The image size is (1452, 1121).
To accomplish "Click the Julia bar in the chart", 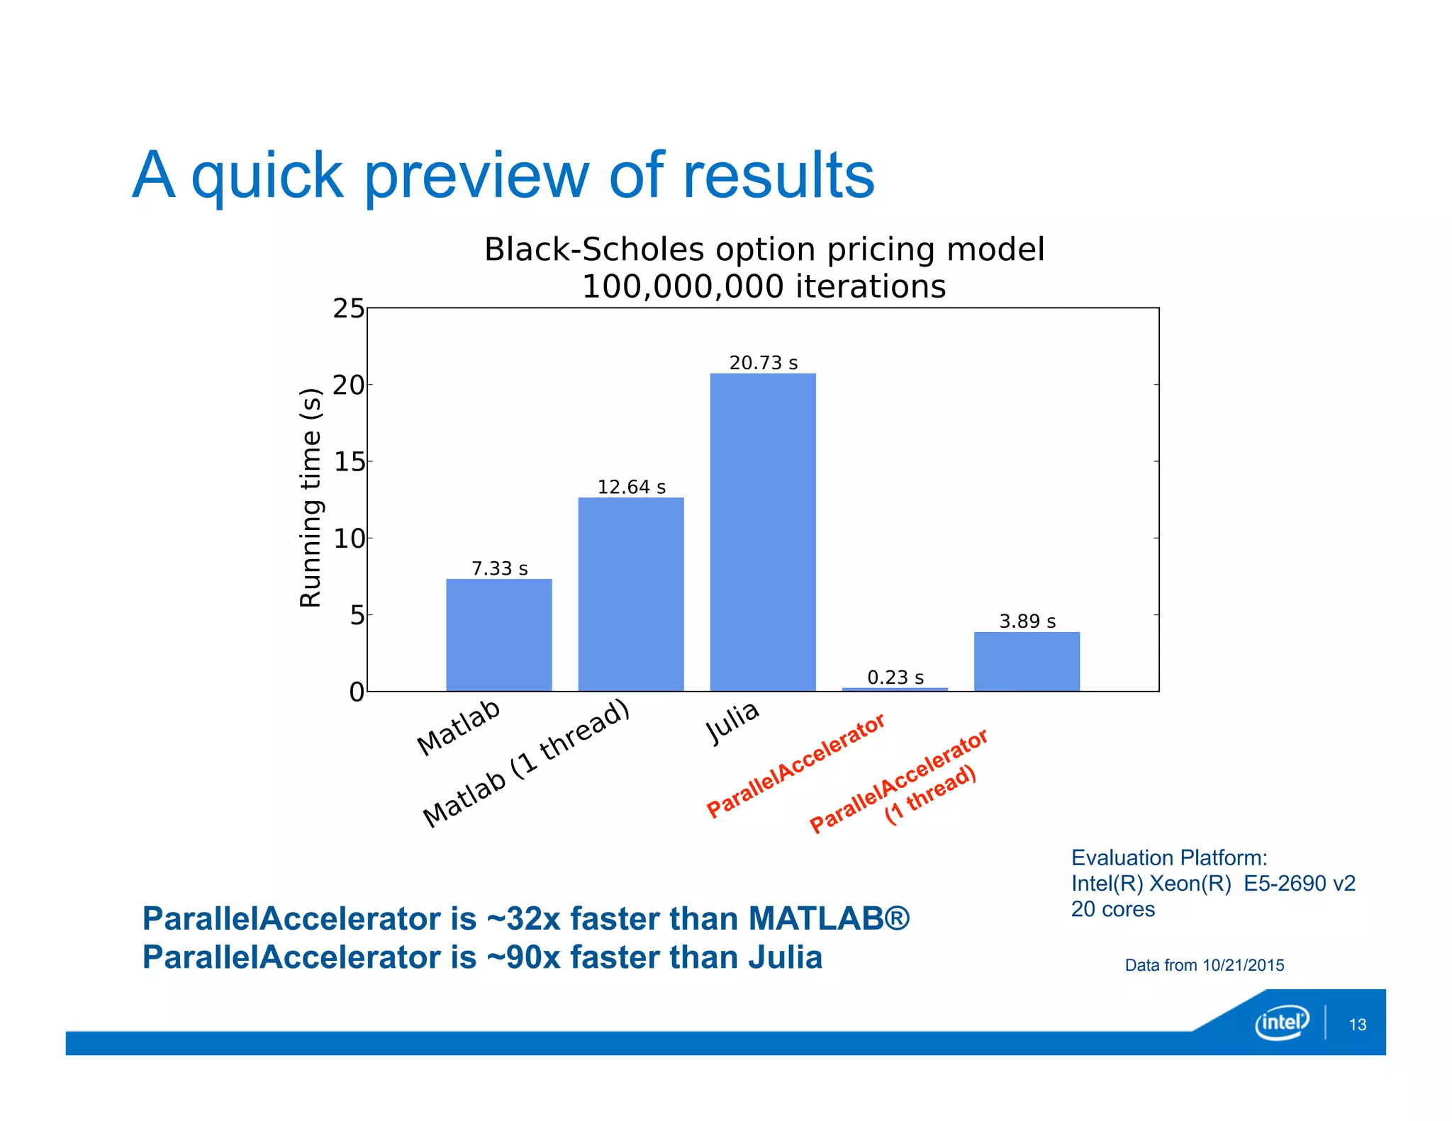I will tap(763, 531).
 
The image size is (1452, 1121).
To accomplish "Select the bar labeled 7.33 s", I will tap(498, 634).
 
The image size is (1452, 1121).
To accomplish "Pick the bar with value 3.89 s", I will tap(1027, 661).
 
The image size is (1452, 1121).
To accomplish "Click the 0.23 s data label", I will tap(895, 677).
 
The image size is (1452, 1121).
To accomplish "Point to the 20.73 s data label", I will tap(764, 363).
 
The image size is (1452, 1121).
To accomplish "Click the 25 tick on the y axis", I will tap(348, 309).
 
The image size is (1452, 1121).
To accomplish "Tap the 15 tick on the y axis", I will tap(348, 462).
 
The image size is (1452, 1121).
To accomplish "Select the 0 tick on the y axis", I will tap(357, 692).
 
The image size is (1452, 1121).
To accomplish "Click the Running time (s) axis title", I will tap(311, 497).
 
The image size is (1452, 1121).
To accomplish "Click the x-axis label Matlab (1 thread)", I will tap(526, 763).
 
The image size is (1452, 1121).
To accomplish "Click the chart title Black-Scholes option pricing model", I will tap(764, 249).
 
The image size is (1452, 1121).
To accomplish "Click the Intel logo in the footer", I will tap(1281, 1022).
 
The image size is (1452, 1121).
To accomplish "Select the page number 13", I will tap(1357, 1025).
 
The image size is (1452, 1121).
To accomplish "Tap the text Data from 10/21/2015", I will tap(1204, 965).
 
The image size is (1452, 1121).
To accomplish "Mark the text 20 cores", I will tap(1112, 909).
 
